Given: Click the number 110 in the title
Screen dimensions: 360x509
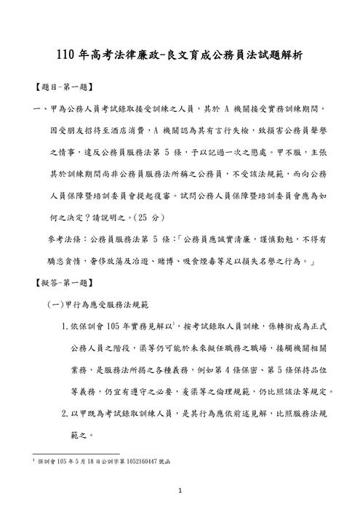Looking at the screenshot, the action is (x=68, y=55).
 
